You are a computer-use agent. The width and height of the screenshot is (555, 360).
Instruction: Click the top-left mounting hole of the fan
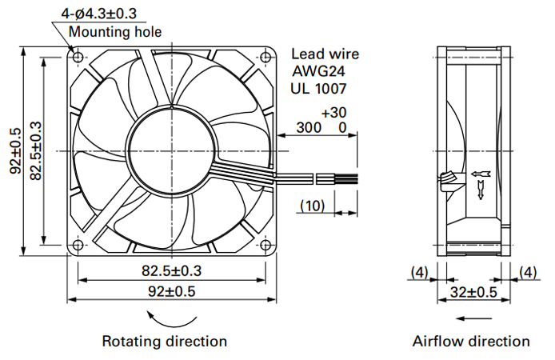[78, 57]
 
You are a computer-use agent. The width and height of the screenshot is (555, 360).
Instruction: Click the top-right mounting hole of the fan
[266, 57]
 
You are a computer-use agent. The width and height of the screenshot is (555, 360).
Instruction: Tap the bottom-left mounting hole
[78, 245]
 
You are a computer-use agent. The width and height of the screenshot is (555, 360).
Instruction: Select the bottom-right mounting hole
[266, 245]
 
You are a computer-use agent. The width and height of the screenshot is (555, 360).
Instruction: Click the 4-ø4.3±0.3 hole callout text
[98, 14]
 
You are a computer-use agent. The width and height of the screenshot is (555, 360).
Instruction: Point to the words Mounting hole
[115, 32]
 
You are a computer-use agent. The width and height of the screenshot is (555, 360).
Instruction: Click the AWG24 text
[318, 71]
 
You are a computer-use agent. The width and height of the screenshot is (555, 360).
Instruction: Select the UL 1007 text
[318, 89]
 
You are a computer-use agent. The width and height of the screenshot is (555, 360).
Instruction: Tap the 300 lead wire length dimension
[309, 127]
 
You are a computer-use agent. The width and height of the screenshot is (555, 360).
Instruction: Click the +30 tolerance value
[333, 113]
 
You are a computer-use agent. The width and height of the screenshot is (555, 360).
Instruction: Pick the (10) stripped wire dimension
[312, 206]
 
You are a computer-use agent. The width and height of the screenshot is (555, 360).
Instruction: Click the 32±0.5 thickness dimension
[473, 292]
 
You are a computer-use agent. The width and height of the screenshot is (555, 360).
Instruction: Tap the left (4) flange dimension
[419, 272]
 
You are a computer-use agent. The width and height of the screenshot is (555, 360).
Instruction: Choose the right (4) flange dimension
[528, 272]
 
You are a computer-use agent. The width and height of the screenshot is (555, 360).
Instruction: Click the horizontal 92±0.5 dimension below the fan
[172, 291]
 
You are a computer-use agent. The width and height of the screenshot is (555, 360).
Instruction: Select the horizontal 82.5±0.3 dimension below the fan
[172, 270]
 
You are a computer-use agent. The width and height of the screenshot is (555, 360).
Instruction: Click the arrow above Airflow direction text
[473, 318]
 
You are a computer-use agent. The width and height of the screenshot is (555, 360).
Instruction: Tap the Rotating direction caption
[165, 342]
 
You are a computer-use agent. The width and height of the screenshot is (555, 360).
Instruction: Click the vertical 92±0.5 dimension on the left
[15, 151]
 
